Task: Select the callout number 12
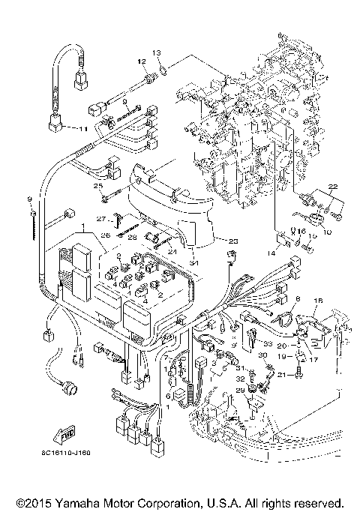coord(140,60)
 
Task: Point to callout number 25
coord(97,185)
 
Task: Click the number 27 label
coord(100,219)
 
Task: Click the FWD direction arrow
coord(65,433)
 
